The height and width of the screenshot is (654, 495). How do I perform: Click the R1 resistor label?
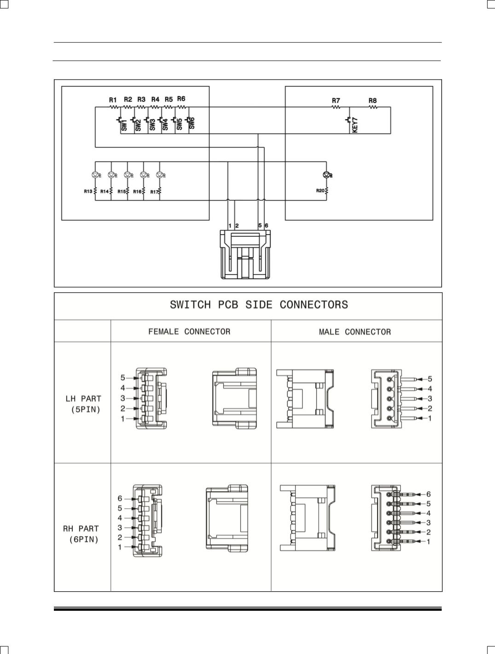click(x=113, y=100)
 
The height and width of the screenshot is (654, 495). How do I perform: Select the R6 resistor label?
click(x=181, y=99)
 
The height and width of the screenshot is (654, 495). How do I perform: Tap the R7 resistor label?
click(x=336, y=100)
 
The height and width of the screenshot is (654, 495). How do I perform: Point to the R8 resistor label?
click(x=373, y=100)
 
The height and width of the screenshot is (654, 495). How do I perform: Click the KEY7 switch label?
click(x=355, y=125)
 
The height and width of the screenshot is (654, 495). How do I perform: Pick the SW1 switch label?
click(x=124, y=125)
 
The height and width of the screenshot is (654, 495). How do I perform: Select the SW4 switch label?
click(x=165, y=125)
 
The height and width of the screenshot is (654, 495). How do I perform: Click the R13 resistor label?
click(x=88, y=191)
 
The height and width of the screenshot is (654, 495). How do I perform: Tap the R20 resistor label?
click(x=320, y=190)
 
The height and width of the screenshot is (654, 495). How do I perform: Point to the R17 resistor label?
click(x=154, y=192)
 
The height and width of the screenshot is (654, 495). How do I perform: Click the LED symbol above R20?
click(x=327, y=175)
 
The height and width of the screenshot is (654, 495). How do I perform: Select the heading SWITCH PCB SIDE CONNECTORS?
click(x=259, y=305)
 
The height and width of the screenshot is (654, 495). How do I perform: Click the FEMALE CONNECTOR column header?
click(x=189, y=332)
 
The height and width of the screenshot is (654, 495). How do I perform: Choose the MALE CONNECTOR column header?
click(x=355, y=332)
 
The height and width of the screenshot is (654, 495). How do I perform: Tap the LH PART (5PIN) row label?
click(x=83, y=404)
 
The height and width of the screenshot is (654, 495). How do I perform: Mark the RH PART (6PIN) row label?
click(x=82, y=534)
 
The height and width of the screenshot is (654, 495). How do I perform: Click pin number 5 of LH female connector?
click(x=123, y=378)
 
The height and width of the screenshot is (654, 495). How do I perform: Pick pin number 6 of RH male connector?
click(x=428, y=494)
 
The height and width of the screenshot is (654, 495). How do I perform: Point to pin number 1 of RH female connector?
click(x=120, y=547)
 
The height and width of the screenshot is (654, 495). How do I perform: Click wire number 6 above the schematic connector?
click(x=267, y=226)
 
